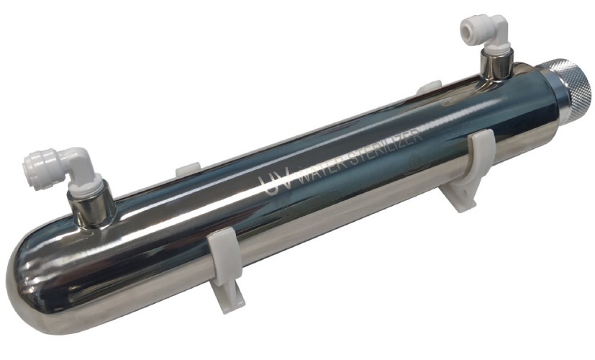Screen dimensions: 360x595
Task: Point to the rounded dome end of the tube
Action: coord(32,274)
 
